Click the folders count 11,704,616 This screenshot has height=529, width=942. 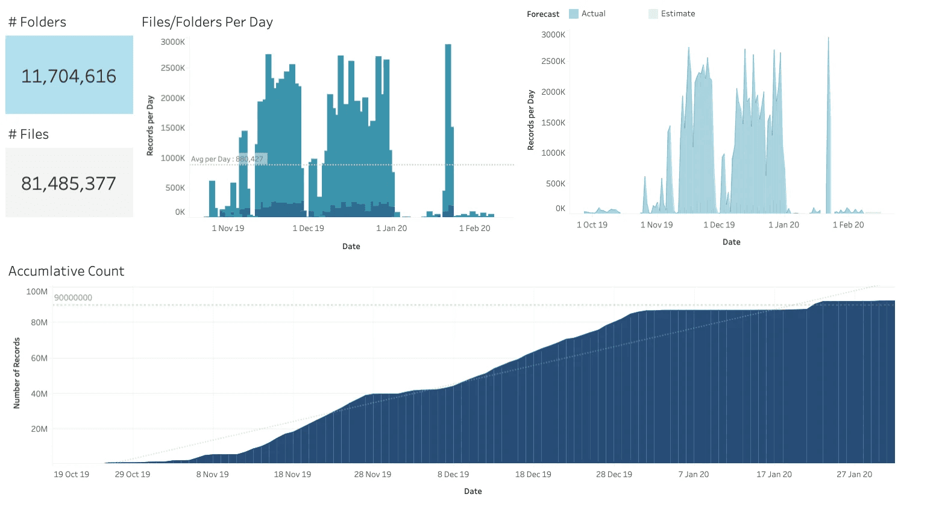tap(69, 76)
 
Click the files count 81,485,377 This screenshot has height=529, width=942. tap(69, 183)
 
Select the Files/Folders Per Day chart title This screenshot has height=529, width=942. tap(207, 22)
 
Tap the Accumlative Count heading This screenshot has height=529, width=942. tap(66, 271)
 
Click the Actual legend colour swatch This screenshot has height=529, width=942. tap(574, 14)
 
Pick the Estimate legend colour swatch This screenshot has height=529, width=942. tap(653, 14)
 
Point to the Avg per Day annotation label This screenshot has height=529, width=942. tap(227, 159)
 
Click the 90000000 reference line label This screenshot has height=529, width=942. tap(73, 297)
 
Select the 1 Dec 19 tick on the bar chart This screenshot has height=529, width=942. tap(308, 228)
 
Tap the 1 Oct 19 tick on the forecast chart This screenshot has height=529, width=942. tap(592, 225)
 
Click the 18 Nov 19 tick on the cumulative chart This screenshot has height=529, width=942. tap(292, 474)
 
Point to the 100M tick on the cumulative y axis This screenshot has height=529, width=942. tap(37, 291)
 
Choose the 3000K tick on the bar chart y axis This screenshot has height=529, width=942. tap(173, 42)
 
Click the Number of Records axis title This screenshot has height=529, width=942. tap(17, 373)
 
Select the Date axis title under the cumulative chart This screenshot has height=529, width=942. tap(473, 491)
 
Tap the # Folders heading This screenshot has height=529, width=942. tap(37, 22)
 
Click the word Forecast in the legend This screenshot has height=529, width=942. tap(542, 14)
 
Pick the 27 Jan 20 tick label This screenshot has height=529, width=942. tap(854, 474)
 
